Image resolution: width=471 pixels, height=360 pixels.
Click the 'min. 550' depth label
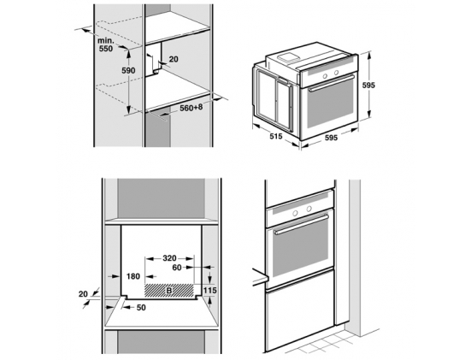point(106,44)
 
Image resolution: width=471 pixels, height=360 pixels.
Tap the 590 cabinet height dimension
point(128,71)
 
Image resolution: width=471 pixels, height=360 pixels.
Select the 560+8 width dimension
point(191,108)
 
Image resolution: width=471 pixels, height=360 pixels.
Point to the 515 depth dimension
point(276,137)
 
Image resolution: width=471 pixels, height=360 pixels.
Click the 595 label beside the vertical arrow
point(368,86)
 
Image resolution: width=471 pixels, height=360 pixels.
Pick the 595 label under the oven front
point(331,138)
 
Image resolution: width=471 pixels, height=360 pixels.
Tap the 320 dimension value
point(169,258)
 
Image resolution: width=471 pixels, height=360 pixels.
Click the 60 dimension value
point(177,267)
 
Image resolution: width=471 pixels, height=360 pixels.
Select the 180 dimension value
point(133,276)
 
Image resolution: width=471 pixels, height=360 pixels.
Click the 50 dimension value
point(141,308)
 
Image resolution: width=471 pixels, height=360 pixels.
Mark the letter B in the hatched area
point(169,291)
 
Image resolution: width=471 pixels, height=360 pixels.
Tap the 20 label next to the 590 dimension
point(174,59)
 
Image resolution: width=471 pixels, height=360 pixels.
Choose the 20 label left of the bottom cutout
point(83,294)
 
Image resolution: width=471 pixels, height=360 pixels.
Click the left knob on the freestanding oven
point(325,76)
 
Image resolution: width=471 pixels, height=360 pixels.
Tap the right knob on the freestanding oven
point(336,73)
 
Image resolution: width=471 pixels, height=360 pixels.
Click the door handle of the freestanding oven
point(332,83)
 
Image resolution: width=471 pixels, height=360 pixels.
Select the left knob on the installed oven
point(295,213)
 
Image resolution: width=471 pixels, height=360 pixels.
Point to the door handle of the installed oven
point(301,224)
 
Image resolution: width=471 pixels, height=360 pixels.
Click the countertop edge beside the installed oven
point(260,279)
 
